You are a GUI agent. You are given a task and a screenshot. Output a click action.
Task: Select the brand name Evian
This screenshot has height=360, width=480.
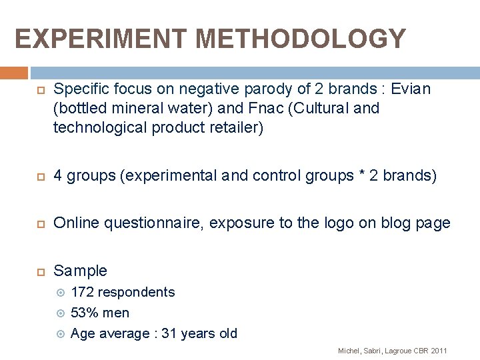pyautogui.click(x=411, y=89)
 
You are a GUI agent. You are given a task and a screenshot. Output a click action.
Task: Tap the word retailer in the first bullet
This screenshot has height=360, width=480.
pyautogui.click(x=237, y=128)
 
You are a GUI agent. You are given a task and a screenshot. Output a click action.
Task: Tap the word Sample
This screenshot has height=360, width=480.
pyautogui.click(x=80, y=270)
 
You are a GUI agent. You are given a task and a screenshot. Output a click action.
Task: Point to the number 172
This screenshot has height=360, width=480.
pyautogui.click(x=82, y=292)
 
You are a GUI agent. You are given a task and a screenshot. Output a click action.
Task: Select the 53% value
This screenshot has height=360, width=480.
pyautogui.click(x=83, y=313)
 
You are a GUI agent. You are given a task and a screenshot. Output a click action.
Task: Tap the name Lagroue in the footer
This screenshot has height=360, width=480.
pyautogui.click(x=399, y=351)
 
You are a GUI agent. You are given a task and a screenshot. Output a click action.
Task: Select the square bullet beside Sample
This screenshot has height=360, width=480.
pyautogui.click(x=39, y=271)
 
